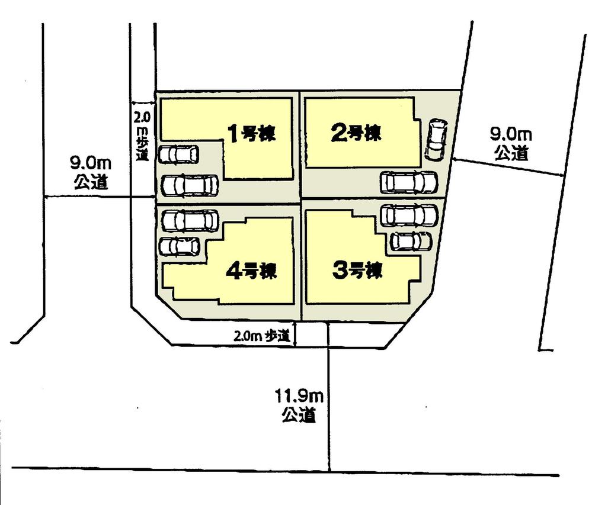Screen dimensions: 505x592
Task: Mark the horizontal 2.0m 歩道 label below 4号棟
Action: tap(261, 336)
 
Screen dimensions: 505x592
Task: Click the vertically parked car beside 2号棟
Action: tap(436, 140)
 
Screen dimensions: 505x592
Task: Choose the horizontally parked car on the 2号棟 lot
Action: tap(409, 182)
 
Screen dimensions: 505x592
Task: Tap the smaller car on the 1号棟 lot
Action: tap(178, 155)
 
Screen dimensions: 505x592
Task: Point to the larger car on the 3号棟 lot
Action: tap(409, 215)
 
